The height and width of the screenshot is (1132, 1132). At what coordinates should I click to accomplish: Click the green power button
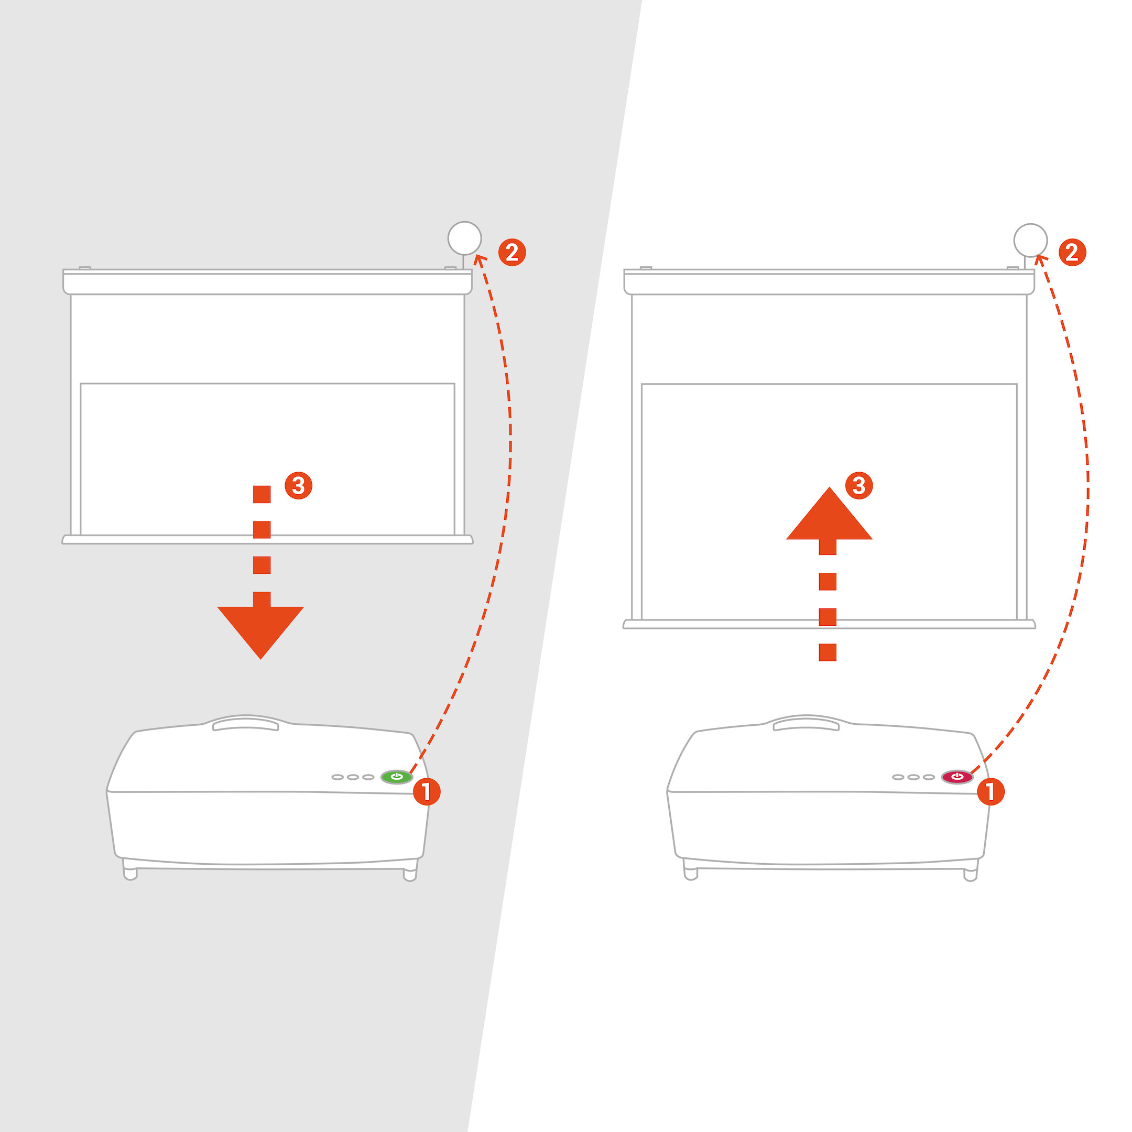[397, 777]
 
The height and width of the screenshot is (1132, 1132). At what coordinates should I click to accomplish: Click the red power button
[957, 777]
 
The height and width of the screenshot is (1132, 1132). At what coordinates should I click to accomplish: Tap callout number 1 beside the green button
[427, 791]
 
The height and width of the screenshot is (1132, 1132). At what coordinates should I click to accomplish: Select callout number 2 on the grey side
[512, 253]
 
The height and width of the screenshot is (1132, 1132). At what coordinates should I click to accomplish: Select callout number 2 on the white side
[1072, 253]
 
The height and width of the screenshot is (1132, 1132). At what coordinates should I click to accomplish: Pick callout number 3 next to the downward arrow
[298, 485]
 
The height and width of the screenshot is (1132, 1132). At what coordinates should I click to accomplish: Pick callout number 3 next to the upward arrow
[859, 485]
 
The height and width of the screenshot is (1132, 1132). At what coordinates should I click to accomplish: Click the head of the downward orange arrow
[261, 632]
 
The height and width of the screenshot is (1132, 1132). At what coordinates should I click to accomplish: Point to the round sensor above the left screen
[465, 238]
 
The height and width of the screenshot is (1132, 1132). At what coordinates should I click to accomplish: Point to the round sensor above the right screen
[1031, 240]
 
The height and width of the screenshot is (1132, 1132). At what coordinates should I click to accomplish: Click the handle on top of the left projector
[245, 725]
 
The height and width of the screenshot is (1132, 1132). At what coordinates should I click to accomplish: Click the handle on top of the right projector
[806, 725]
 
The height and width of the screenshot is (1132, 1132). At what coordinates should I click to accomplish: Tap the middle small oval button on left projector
[353, 777]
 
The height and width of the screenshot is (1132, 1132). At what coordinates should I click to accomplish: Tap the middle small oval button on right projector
[913, 777]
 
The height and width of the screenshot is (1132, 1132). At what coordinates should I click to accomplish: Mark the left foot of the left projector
[130, 869]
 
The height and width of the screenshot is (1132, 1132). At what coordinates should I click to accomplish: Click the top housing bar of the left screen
[267, 282]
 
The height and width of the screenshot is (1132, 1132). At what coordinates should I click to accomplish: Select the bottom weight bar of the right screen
[829, 624]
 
